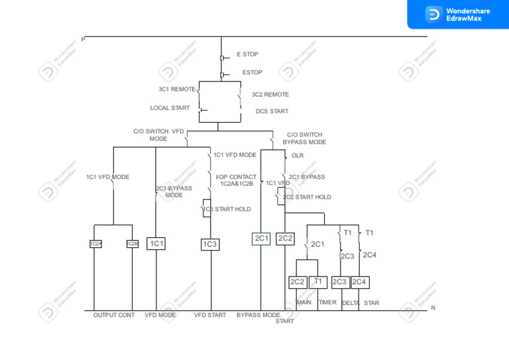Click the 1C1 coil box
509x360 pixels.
[x=156, y=244]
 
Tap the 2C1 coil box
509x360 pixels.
[x=262, y=239]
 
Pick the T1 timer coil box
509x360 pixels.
[x=318, y=282]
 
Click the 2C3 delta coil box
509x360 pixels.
[x=340, y=282]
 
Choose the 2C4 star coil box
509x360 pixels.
[x=360, y=282]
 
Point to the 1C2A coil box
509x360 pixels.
[x=95, y=244]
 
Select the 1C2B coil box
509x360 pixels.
[x=133, y=244]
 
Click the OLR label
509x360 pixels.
[x=298, y=156]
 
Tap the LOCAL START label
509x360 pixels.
[x=170, y=108]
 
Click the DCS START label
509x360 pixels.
[x=272, y=111]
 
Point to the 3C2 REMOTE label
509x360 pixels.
[x=270, y=95]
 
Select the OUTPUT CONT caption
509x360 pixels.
[x=114, y=316]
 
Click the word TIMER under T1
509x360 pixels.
[x=327, y=303]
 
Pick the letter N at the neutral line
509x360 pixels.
[x=433, y=308]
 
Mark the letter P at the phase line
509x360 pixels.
[x=83, y=40]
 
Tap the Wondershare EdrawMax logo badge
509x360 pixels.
[x=457, y=14]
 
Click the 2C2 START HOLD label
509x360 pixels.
[x=307, y=198]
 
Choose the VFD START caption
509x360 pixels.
[x=209, y=316]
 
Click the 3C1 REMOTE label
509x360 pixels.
[x=177, y=89]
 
